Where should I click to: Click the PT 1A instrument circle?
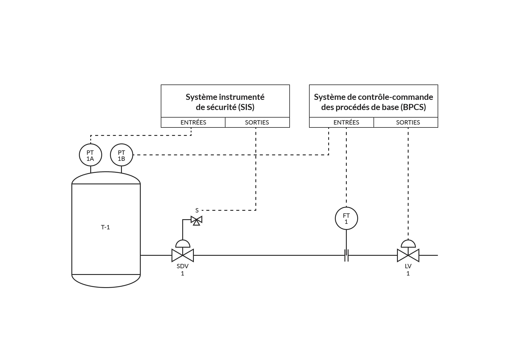pyautogui.click(x=90, y=155)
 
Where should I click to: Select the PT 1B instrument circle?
pyautogui.click(x=122, y=155)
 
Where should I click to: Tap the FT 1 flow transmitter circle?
pyautogui.click(x=346, y=218)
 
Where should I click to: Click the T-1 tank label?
pyautogui.click(x=105, y=227)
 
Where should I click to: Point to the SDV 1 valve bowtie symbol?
pyautogui.click(x=183, y=255)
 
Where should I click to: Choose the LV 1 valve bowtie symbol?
pyautogui.click(x=408, y=255)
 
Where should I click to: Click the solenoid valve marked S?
pyautogui.click(x=196, y=220)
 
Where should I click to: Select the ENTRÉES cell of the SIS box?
pyautogui.click(x=193, y=123)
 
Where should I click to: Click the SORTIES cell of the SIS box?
pyautogui.click(x=257, y=123)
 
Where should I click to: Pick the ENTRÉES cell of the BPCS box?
pyautogui.click(x=346, y=123)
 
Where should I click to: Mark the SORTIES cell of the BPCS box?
pyautogui.click(x=408, y=123)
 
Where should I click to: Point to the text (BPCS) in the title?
pyautogui.click(x=413, y=107)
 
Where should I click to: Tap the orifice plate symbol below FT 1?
pyautogui.click(x=346, y=255)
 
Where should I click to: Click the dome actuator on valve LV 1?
pyautogui.click(x=408, y=243)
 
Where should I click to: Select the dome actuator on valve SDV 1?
pyautogui.click(x=183, y=243)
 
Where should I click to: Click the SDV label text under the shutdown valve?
pyautogui.click(x=183, y=266)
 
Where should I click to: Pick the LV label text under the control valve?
pyautogui.click(x=408, y=266)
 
